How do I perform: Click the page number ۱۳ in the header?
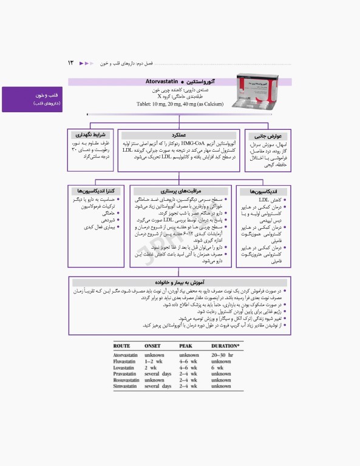pos(70,62)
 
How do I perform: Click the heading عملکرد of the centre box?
pos(179,135)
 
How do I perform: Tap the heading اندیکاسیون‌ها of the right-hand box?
pos(255,191)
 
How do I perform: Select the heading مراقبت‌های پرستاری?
pos(180,191)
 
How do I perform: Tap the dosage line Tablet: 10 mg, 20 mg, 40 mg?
pos(180,105)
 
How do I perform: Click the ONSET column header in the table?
pos(152,345)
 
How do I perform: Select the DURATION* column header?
pos(225,345)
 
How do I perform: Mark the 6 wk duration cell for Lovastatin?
pos(217,368)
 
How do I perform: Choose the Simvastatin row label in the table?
pos(129,386)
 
